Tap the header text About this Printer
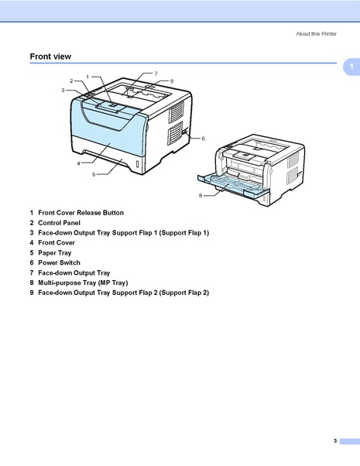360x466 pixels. (x=317, y=33)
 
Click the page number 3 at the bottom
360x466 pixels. (x=334, y=440)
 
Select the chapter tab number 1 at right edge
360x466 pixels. (x=351, y=68)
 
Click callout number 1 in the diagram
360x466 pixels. (x=87, y=77)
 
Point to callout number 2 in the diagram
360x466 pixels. (x=71, y=81)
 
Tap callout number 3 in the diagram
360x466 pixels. (x=63, y=91)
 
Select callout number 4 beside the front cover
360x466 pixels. (x=78, y=163)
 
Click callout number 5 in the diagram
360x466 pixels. (x=93, y=175)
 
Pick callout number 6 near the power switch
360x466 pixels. (x=203, y=139)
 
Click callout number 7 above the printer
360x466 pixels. (x=156, y=73)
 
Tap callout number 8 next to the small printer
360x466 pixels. (x=200, y=196)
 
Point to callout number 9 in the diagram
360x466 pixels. (x=171, y=81)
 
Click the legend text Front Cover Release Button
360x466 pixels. (x=81, y=212)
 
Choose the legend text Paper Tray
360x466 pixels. (x=56, y=252)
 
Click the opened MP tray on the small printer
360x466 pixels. (x=232, y=186)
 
